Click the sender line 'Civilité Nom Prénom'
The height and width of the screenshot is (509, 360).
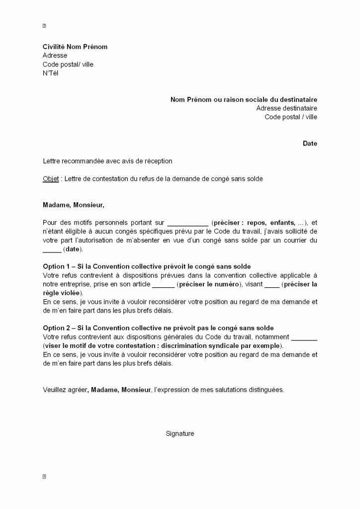pyautogui.click(x=75, y=47)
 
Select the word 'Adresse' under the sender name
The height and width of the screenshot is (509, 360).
pyautogui.click(x=55, y=56)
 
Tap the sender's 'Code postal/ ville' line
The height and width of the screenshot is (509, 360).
pyautogui.click(x=68, y=64)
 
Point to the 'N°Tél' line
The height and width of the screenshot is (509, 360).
pyautogui.click(x=51, y=73)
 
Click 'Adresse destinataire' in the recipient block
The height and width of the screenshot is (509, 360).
pyautogui.click(x=286, y=108)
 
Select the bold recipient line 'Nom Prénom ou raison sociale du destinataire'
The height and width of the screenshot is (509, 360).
pyautogui.click(x=244, y=99)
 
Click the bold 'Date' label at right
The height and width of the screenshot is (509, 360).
pyautogui.click(x=310, y=143)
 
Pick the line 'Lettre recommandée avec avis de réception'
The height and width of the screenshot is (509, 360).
pyautogui.click(x=107, y=161)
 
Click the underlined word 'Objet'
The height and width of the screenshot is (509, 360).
pyautogui.click(x=50, y=178)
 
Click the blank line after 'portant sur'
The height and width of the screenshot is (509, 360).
pyautogui.click(x=187, y=223)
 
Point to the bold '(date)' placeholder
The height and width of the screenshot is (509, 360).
pyautogui.click(x=74, y=249)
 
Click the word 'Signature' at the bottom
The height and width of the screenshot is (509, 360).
pyautogui.click(x=180, y=433)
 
